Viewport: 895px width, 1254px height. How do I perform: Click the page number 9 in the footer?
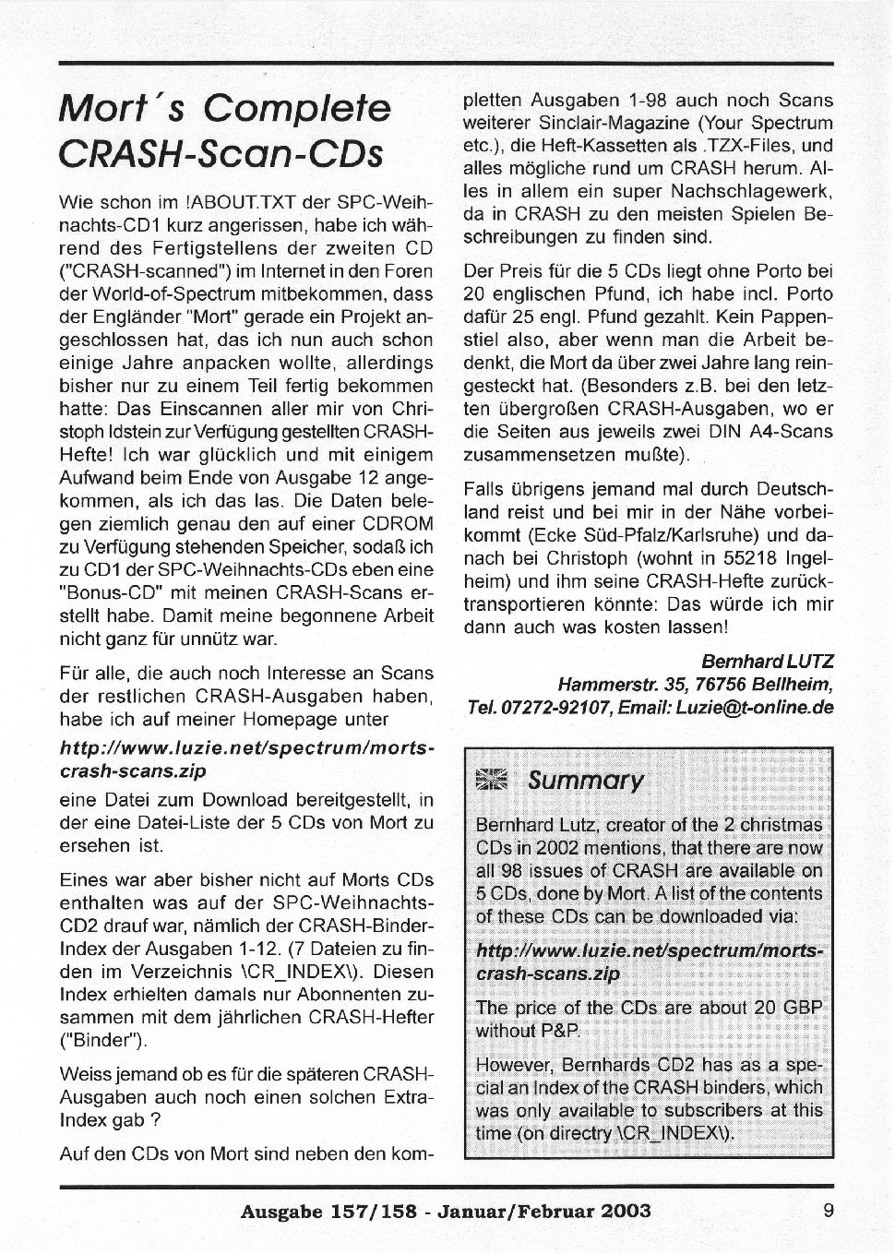pyautogui.click(x=829, y=1211)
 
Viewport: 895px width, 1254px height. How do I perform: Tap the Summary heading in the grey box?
pyautogui.click(x=585, y=781)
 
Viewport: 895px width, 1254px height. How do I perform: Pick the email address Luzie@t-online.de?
pyautogui.click(x=755, y=707)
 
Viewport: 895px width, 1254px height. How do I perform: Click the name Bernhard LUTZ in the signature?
pyautogui.click(x=768, y=662)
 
